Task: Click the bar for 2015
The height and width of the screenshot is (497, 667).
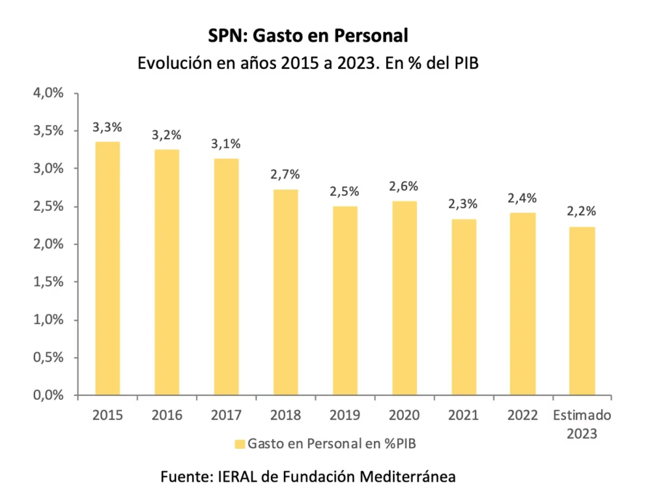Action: (107, 268)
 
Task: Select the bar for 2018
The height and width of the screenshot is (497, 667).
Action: (285, 292)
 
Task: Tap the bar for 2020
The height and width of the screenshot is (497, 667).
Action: (404, 298)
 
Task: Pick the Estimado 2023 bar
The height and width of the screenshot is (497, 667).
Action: (582, 311)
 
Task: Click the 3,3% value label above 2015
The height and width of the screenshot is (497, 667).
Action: (107, 127)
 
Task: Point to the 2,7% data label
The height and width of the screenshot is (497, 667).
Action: (285, 175)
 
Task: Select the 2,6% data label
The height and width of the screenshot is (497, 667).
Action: (404, 186)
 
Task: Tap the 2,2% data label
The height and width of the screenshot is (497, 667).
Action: (582, 212)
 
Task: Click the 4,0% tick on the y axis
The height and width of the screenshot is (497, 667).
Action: (48, 93)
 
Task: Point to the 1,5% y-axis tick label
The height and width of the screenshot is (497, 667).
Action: (48, 282)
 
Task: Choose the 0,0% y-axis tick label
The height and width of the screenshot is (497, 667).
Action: (48, 395)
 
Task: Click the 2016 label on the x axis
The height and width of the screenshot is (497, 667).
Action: (166, 416)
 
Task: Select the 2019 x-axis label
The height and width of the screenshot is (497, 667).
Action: (345, 416)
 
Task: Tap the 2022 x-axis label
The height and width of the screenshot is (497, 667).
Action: (522, 416)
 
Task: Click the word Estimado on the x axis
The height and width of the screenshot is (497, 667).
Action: (582, 416)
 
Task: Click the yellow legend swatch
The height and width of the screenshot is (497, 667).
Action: (240, 444)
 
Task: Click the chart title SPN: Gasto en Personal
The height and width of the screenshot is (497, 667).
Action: (308, 35)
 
